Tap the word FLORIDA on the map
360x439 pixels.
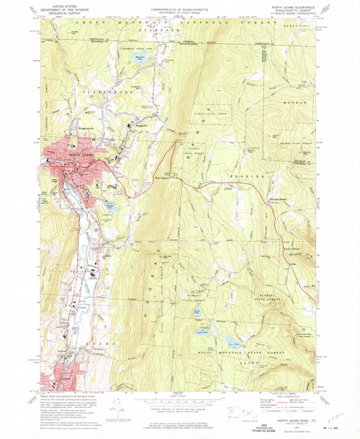click(x=240, y=173)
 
